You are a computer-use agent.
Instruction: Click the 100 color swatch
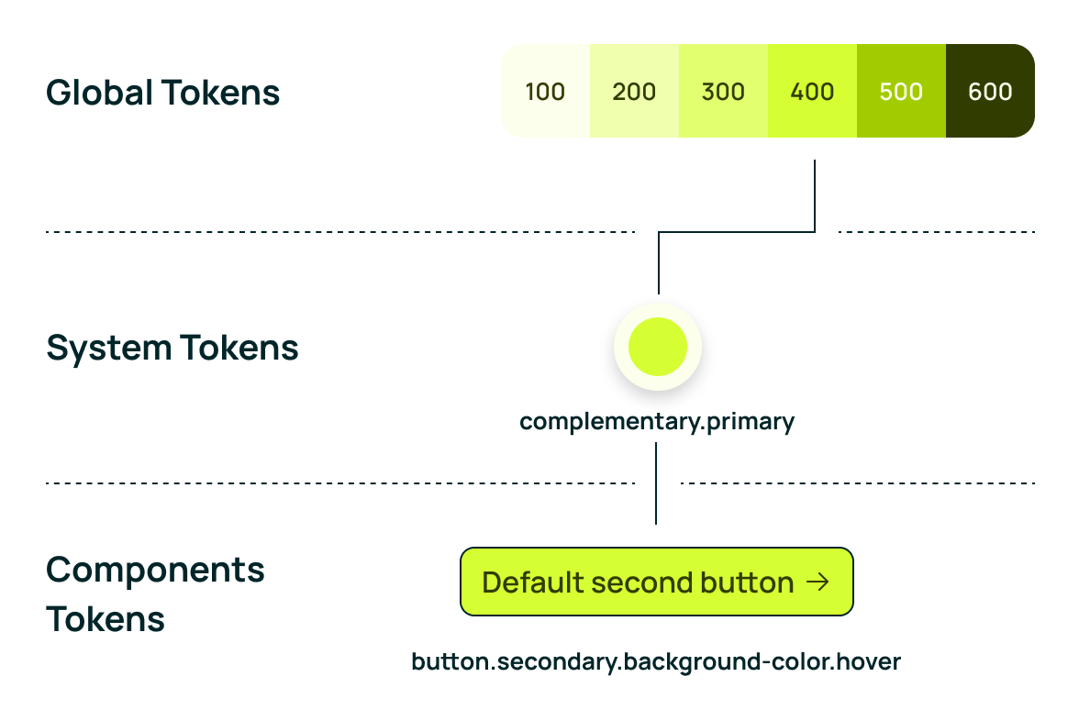(545, 91)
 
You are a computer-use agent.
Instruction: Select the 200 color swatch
(635, 91)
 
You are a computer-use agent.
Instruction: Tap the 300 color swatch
(723, 91)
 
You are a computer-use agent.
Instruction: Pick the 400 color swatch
(812, 91)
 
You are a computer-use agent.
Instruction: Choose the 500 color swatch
(901, 91)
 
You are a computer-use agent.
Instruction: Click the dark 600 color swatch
(990, 91)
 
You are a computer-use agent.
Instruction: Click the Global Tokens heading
(163, 93)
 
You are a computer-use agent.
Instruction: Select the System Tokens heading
(172, 349)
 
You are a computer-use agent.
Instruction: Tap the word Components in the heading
(156, 571)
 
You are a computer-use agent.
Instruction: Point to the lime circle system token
(658, 347)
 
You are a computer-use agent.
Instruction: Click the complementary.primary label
(657, 421)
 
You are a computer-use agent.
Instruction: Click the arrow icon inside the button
(818, 582)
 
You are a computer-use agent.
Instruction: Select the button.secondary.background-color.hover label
(656, 662)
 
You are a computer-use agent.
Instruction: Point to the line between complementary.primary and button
(656, 483)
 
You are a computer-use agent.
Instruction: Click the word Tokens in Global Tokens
(222, 93)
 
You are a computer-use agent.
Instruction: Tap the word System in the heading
(108, 349)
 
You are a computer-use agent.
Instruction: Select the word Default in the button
(531, 582)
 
